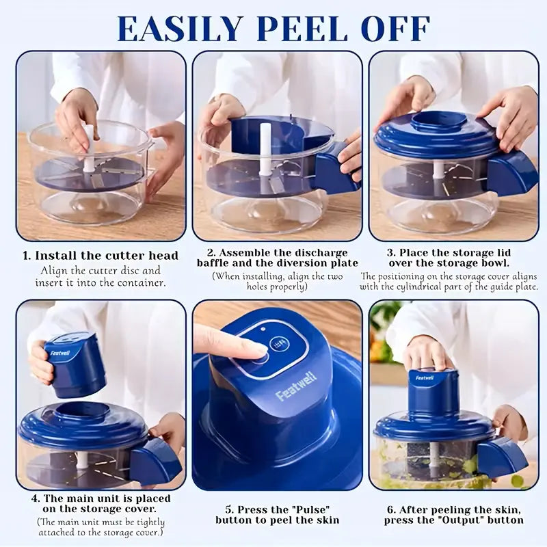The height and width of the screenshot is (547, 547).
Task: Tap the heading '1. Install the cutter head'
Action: click(x=101, y=256)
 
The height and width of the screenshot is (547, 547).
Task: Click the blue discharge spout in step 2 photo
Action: click(x=335, y=168)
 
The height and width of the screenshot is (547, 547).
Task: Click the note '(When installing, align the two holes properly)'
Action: click(x=278, y=281)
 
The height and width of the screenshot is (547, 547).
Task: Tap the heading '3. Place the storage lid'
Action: click(x=453, y=252)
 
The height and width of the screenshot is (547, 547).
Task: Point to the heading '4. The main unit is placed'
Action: click(x=101, y=498)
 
